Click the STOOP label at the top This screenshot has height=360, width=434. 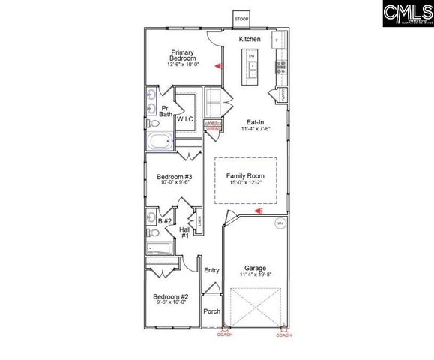[241, 19]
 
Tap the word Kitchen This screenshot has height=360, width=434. [250, 39]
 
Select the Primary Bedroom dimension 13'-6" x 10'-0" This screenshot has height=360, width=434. [183, 66]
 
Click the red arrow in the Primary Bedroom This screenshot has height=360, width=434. [218, 67]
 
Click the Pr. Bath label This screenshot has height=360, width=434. [166, 110]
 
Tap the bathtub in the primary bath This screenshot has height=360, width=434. [160, 142]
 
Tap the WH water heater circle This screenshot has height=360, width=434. [280, 223]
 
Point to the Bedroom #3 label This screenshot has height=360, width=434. [172, 178]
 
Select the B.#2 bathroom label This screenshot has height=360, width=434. [166, 221]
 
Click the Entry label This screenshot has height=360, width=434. [211, 270]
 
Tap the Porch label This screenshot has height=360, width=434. [212, 310]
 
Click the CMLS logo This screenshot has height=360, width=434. [407, 14]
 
